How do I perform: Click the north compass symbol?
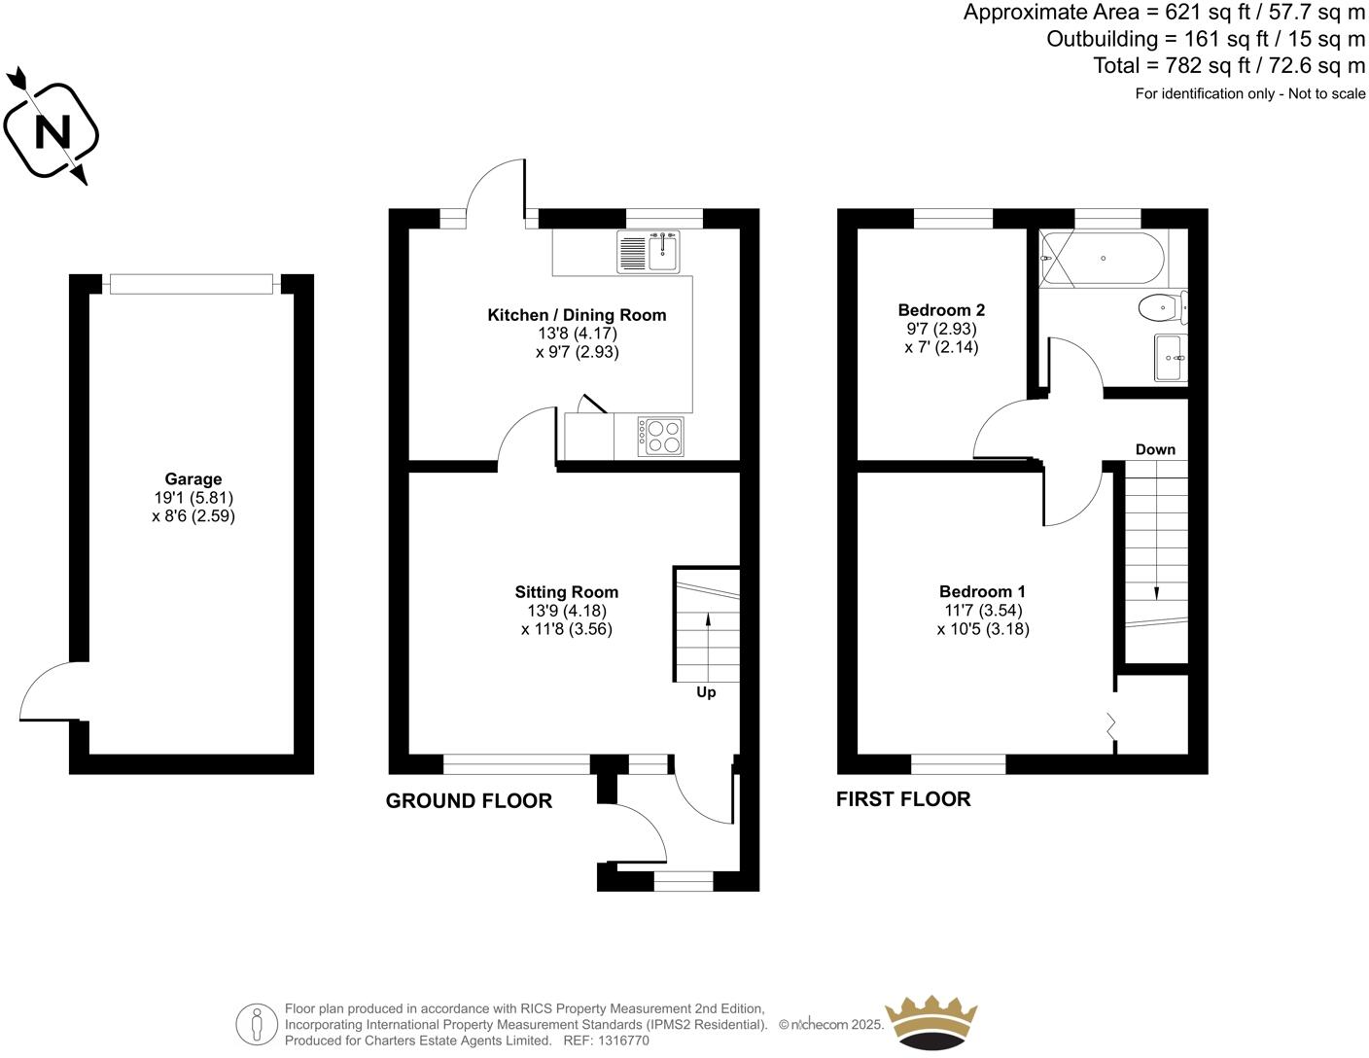[51, 128]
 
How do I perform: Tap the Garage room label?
[193, 478]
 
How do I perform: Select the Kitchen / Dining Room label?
[577, 314]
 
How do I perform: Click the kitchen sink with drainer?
[648, 252]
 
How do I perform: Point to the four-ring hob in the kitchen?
[660, 436]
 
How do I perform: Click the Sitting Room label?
[566, 591]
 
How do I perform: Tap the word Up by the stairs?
[706, 692]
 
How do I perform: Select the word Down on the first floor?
[1155, 449]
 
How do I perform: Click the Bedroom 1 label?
[982, 591]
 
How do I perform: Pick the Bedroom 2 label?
[941, 309]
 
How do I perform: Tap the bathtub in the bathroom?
[1103, 259]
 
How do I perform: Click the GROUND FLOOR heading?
[469, 800]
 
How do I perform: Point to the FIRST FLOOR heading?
[903, 798]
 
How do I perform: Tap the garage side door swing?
[49, 693]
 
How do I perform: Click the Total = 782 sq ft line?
[1229, 65]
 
